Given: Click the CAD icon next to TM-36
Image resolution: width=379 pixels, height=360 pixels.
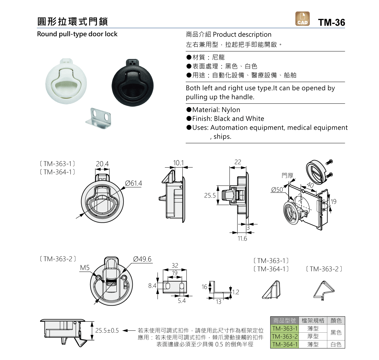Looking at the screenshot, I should pos(302,19).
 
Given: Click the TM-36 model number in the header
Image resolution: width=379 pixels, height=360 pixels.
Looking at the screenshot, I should pos(331,22).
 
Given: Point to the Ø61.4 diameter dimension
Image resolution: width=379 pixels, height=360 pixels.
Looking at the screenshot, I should pos(133,183).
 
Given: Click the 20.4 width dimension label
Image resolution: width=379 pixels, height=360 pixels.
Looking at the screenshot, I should pos(102,164).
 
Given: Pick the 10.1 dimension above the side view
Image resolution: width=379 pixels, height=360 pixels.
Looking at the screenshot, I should pos(178,163).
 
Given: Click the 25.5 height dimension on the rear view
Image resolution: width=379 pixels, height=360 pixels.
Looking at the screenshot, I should pos(210,195).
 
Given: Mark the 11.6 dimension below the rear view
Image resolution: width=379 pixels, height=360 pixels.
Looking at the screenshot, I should pos(242,238).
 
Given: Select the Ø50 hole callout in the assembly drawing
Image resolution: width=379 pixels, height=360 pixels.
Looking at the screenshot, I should pos(277,190).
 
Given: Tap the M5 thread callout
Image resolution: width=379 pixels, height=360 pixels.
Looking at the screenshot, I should pos(85,268).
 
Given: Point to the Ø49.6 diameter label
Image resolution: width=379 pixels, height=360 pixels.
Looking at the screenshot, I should pos(142,259).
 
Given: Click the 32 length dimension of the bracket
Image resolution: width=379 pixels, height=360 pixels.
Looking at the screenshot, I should pos(175,265).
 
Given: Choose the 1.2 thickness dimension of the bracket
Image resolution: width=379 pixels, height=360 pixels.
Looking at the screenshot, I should pos(236,292).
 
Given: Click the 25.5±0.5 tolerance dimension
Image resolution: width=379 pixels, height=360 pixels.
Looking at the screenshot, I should pos(107,330).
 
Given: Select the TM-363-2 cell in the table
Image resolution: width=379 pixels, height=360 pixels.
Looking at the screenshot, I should pos(285,336).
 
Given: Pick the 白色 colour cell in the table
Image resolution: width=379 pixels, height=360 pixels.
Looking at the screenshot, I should pos(336,345).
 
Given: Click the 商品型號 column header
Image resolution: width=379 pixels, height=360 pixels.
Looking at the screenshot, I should pos(285,320).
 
